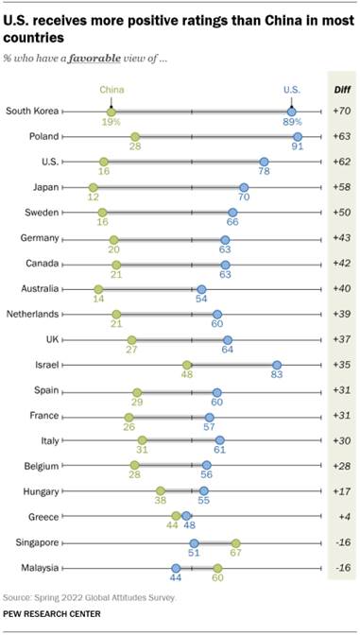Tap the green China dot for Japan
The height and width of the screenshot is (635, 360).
pyautogui.click(x=93, y=187)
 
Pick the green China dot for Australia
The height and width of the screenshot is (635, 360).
pyautogui.click(x=98, y=288)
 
